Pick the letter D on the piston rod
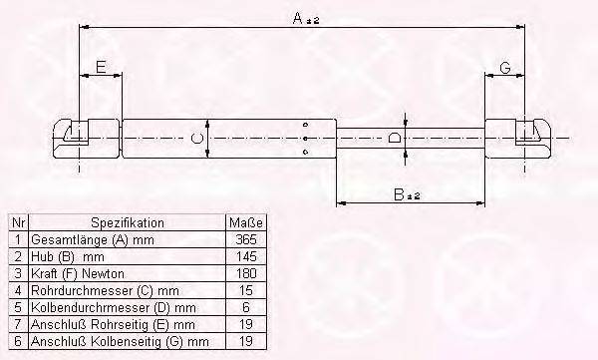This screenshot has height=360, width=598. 395,137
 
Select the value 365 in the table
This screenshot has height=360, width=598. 244,240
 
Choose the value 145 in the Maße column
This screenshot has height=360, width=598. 244,257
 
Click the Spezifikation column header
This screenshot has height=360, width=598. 127,223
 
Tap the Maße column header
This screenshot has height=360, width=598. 244,223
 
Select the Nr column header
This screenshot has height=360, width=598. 17,223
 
